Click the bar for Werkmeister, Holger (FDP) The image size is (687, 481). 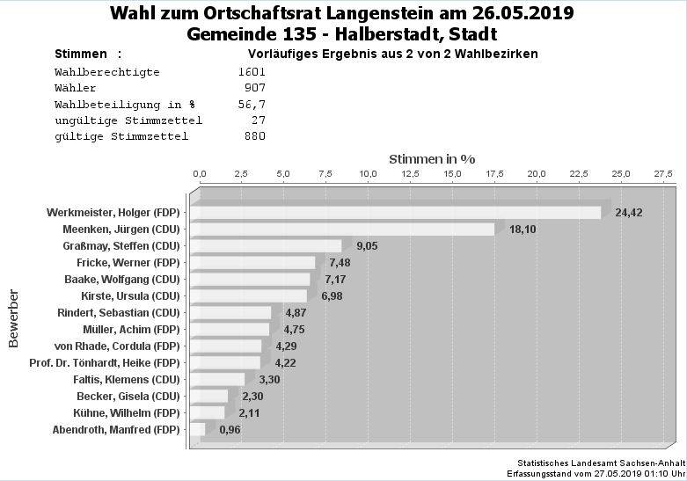(x=396, y=213)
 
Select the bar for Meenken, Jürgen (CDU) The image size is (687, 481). (x=343, y=230)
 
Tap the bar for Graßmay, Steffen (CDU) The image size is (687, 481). (x=266, y=246)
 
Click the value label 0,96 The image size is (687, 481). (x=230, y=430)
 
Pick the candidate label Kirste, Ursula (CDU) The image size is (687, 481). (x=129, y=295)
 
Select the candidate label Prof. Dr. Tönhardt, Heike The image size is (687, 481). (x=104, y=362)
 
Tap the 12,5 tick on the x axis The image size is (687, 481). (x=411, y=174)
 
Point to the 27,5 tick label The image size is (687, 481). (x=663, y=174)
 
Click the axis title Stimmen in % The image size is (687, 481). (x=432, y=159)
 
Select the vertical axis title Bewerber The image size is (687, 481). (x=13, y=317)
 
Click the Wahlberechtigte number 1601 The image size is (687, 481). (x=252, y=72)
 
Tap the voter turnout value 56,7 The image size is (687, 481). (x=252, y=104)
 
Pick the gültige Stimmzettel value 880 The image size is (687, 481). (x=254, y=136)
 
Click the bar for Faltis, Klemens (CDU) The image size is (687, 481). (x=217, y=379)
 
